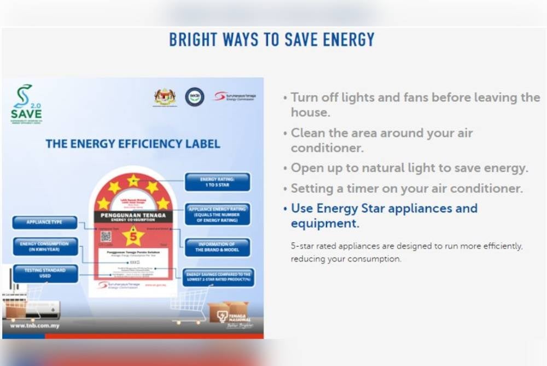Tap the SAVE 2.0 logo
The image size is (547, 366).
point(26,104)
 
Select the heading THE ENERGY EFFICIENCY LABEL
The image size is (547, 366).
point(133,144)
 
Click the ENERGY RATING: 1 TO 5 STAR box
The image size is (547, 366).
point(217,182)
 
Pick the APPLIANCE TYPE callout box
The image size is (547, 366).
point(45,223)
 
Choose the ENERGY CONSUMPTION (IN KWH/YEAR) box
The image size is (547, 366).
point(45,246)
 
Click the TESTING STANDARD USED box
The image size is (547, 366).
point(45,273)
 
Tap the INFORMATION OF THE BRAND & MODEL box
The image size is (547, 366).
point(217,247)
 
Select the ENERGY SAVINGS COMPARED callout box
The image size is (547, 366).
point(218,278)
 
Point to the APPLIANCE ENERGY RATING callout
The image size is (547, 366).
point(217,215)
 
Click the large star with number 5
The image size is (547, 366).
point(133,237)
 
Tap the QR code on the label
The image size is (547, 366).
point(106,237)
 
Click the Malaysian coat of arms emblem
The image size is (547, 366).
point(165,97)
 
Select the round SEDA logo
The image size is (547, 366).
point(194,97)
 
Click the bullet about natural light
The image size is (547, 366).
point(409,168)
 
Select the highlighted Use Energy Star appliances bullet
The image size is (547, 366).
point(384,215)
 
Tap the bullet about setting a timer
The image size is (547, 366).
point(407,189)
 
